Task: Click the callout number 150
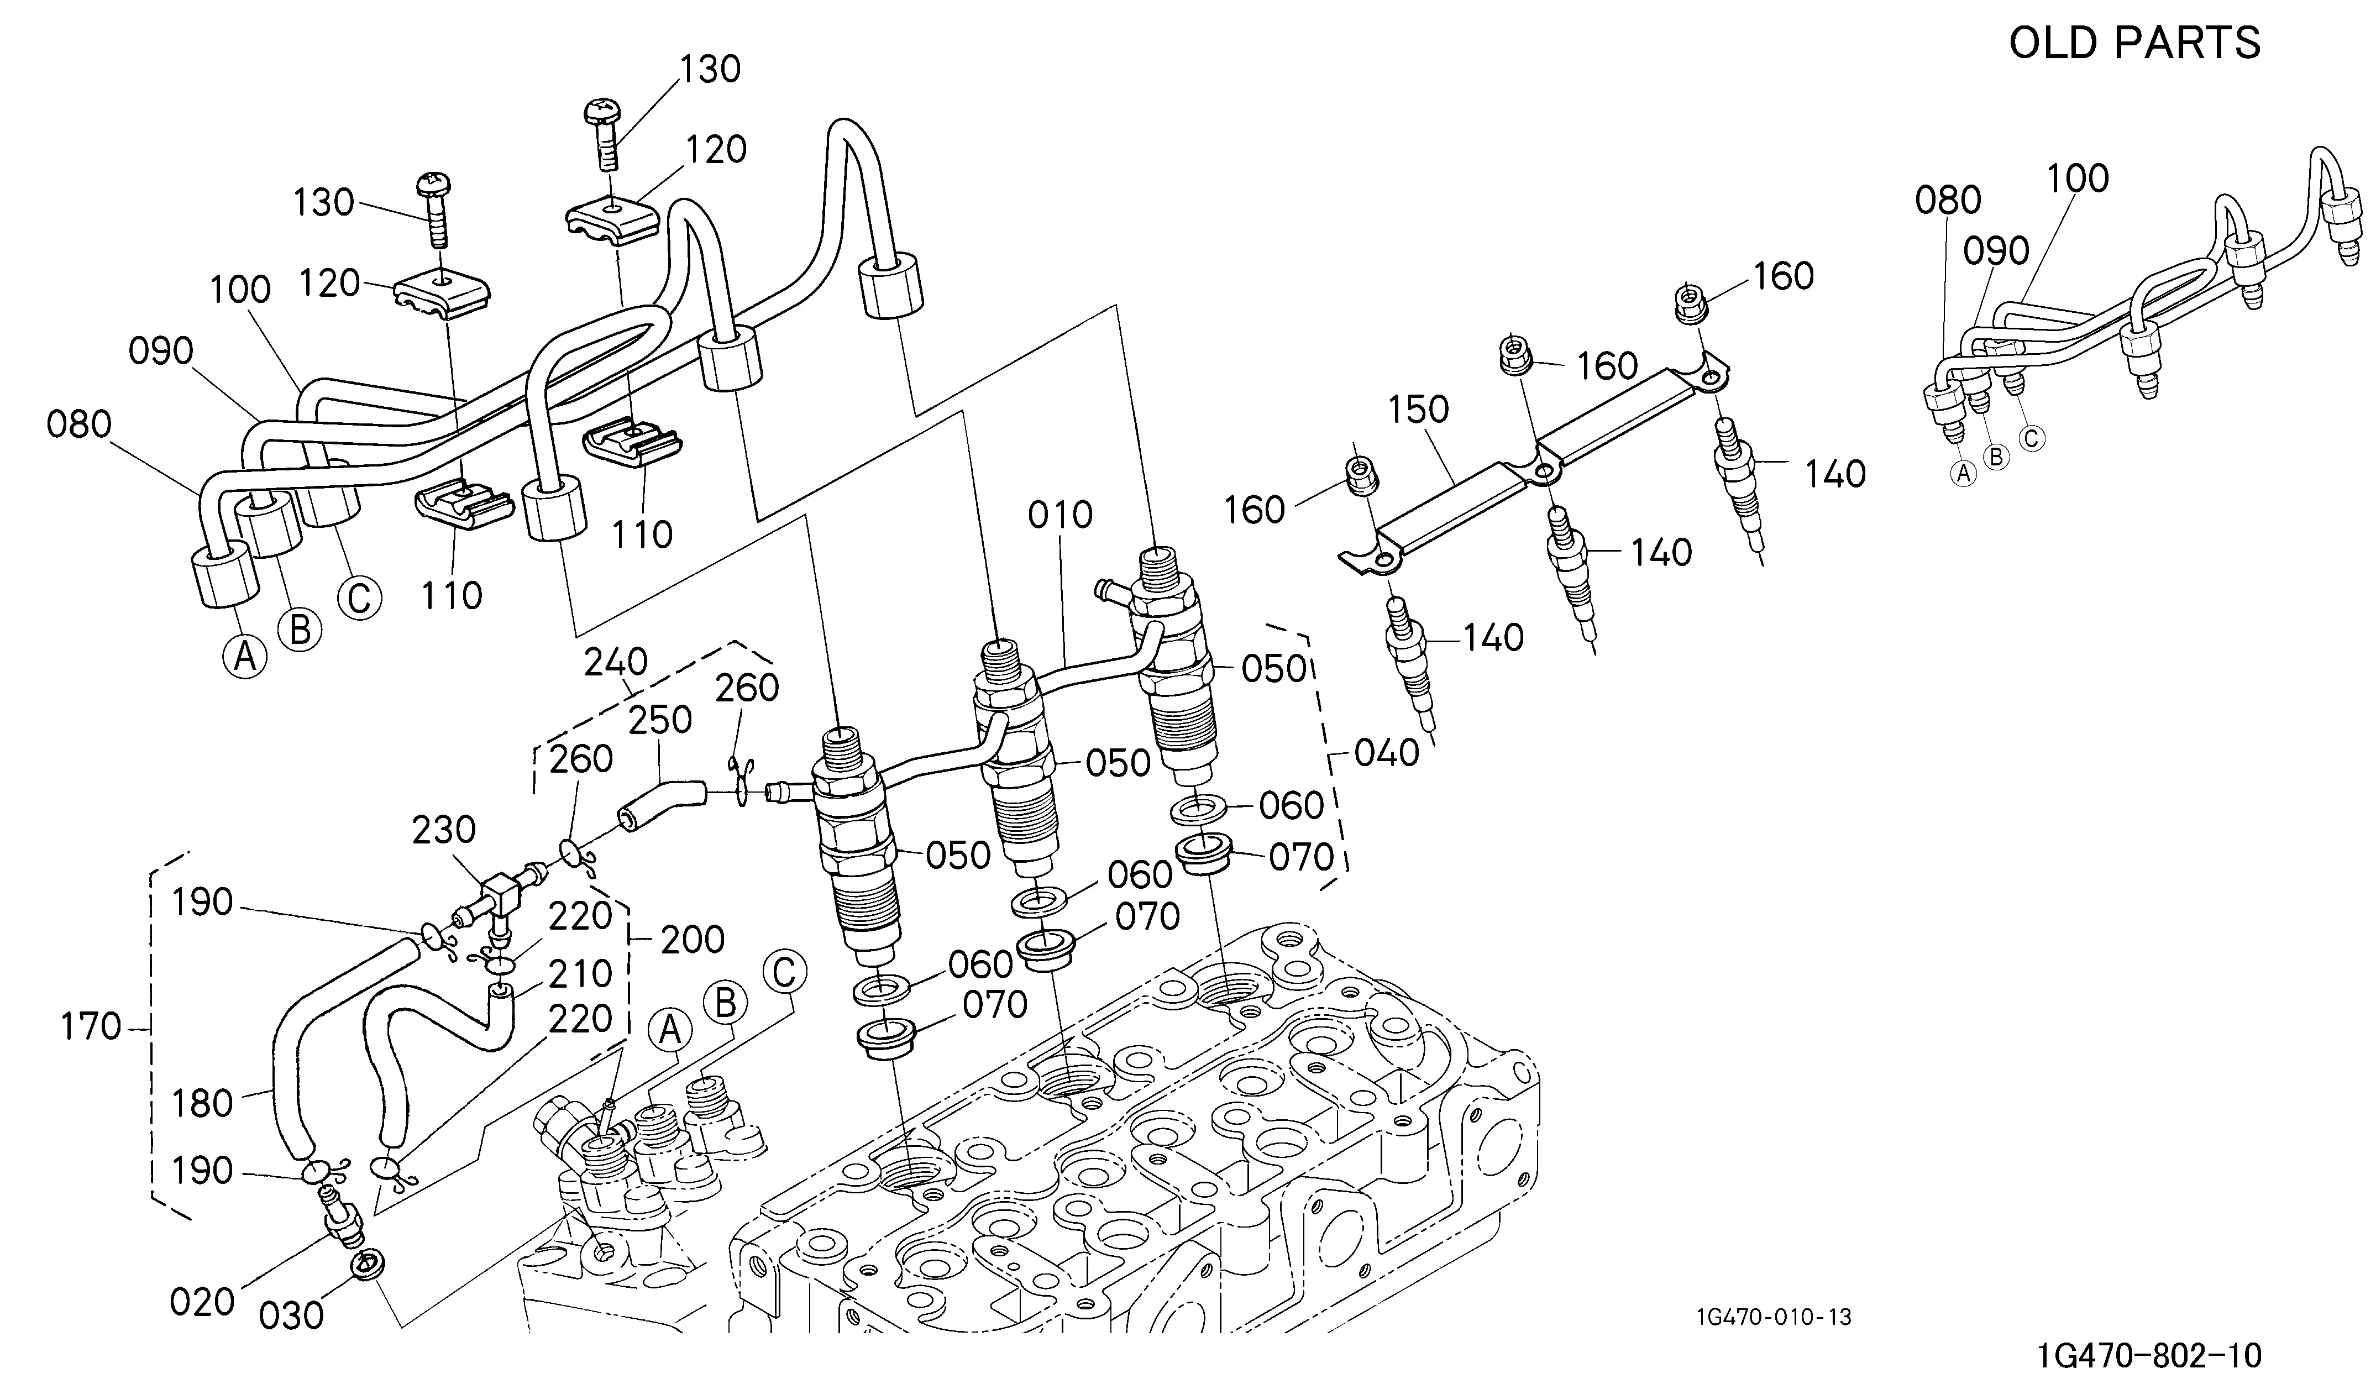1418,409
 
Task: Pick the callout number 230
444,830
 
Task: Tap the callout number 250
660,720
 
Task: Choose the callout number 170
91,1026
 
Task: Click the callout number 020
202,1302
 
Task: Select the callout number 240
616,663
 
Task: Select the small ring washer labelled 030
367,1264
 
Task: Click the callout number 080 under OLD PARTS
1948,200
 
